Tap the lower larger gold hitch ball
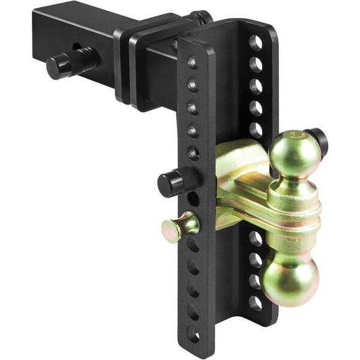pos(290,277)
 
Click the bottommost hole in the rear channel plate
pos(256,302)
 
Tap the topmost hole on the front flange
pos(192,62)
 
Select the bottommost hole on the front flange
pos(193,332)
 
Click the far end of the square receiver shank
pos(45,24)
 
